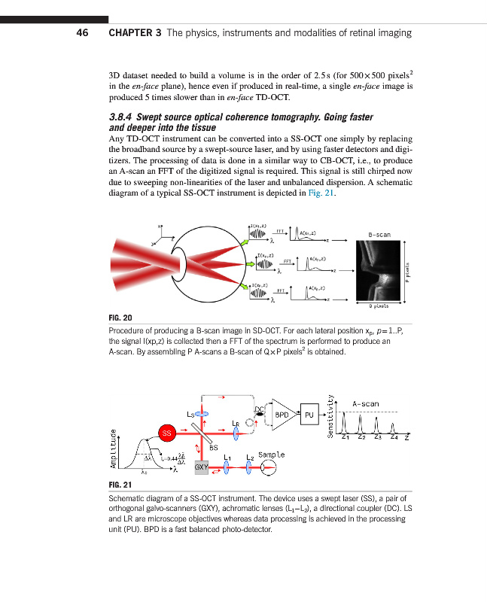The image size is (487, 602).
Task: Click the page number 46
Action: [84, 32]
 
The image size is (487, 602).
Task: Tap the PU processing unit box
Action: [309, 414]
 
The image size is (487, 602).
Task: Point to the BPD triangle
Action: [281, 415]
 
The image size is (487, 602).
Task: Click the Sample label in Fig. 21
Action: [271, 455]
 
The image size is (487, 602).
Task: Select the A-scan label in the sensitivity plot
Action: [366, 403]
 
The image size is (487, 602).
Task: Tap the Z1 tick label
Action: [345, 436]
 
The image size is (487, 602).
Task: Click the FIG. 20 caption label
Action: [123, 318]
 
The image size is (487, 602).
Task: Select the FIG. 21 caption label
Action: [123, 485]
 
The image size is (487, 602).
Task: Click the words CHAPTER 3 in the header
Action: [135, 32]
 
